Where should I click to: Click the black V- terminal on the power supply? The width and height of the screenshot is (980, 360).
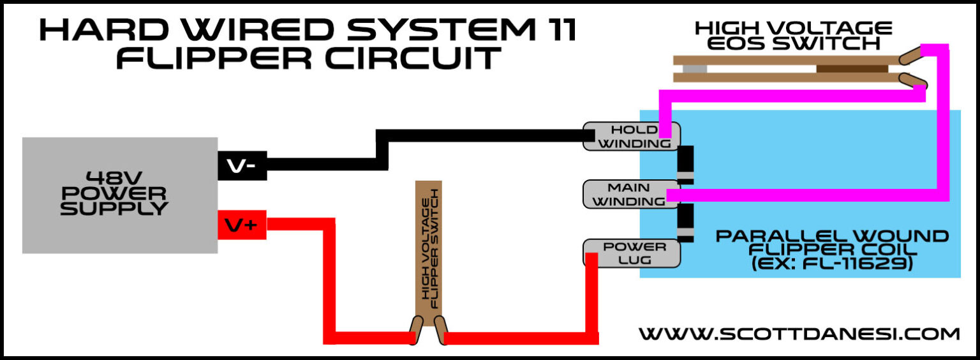coord(241,165)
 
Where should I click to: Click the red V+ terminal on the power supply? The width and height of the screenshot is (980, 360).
coord(241,225)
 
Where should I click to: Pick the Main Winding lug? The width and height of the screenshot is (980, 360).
coord(625,194)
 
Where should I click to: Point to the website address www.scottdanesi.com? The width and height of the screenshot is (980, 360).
coord(799,333)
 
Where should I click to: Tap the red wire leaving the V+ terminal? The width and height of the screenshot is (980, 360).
coord(300,224)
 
